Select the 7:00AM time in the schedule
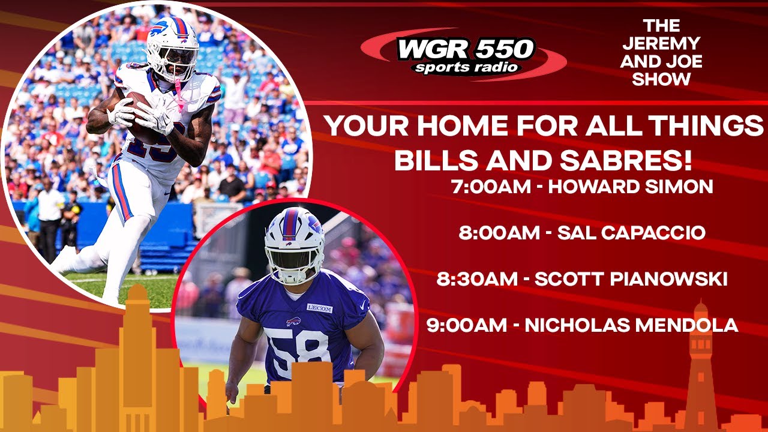[x=490, y=187]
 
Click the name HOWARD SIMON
[x=631, y=187]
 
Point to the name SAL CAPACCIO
[x=631, y=233]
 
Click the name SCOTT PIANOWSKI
[x=631, y=279]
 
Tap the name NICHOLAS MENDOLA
[x=631, y=325]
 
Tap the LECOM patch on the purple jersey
[x=319, y=308]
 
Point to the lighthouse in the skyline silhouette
[x=700, y=366]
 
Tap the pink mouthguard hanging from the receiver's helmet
[x=178, y=96]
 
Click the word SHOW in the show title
[x=661, y=79]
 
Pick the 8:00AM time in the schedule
[x=499, y=233]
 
